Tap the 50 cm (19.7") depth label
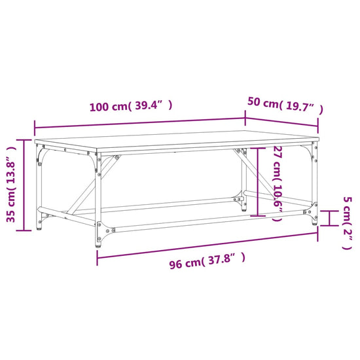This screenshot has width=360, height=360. point(285,104)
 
